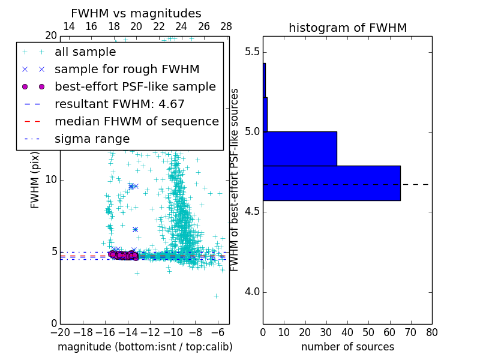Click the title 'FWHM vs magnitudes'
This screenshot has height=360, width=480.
pyautogui.click(x=136, y=14)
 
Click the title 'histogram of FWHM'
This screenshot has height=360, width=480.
pyautogui.click(x=347, y=28)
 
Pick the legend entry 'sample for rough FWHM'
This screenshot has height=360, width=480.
pyautogui.click(x=127, y=70)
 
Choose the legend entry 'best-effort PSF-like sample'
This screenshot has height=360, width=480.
pyautogui.click(x=135, y=87)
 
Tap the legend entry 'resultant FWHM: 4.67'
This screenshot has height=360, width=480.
pyautogui.click(x=119, y=104)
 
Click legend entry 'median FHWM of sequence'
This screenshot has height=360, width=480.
pyautogui.click(x=136, y=122)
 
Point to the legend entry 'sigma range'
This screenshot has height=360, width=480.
pyautogui.click(x=92, y=139)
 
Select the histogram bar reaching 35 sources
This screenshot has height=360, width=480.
pyautogui.click(x=299, y=148)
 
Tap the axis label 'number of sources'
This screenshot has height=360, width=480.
pyautogui.click(x=347, y=347)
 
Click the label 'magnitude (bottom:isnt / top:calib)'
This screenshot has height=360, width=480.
pyautogui.click(x=145, y=347)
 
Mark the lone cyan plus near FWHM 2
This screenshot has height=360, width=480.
pyautogui.click(x=216, y=296)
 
